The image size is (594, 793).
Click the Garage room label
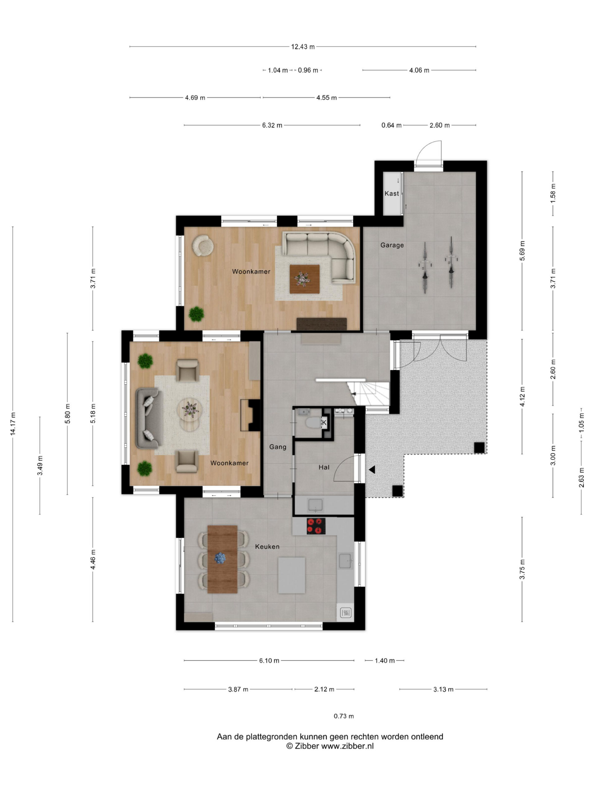[x=392, y=245]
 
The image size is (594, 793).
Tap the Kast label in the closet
[x=391, y=194]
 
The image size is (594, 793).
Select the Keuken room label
[x=267, y=547]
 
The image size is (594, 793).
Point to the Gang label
[x=278, y=447]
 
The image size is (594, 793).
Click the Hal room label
[x=324, y=467]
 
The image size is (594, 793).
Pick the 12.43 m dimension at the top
[x=303, y=46]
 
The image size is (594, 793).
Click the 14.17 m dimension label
[x=13, y=424]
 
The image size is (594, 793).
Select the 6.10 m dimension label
[x=269, y=661]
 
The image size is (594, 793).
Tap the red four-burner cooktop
[x=316, y=526]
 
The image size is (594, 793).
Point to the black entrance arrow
[x=372, y=469]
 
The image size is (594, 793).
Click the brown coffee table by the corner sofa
[x=304, y=279]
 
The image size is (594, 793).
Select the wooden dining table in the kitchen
[x=222, y=559]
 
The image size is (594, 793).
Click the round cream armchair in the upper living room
[x=203, y=245]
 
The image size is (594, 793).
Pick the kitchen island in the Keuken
[x=292, y=575]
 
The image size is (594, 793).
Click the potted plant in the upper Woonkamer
[x=196, y=314]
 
